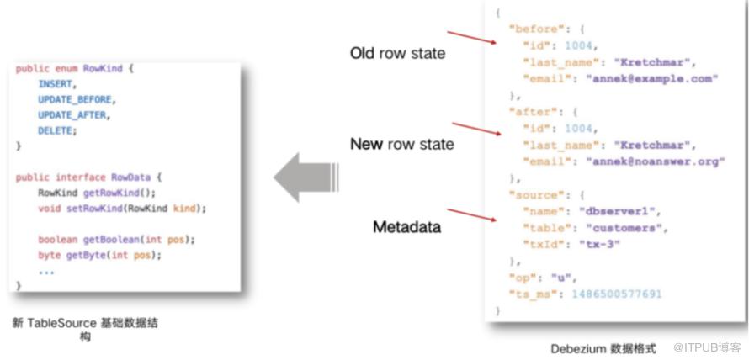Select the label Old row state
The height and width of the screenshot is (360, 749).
[397, 54]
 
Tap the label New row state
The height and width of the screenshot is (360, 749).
[401, 145]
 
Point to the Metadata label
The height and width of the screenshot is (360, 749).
[406, 227]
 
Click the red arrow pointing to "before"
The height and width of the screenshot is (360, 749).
[470, 38]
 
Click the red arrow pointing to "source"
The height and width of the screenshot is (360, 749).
[470, 216]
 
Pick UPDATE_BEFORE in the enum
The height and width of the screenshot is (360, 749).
[74, 100]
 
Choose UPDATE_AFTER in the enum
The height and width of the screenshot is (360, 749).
[72, 115]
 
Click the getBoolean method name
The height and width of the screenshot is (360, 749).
[99, 240]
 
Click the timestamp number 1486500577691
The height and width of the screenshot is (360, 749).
[617, 294]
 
